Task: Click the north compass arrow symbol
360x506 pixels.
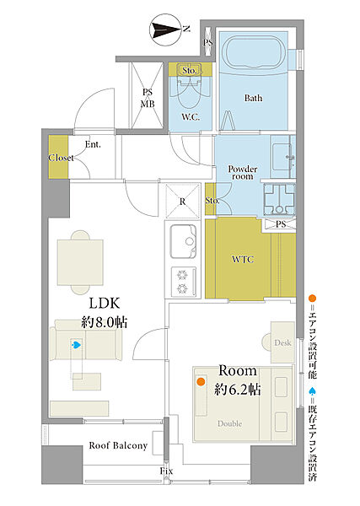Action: [x=167, y=30]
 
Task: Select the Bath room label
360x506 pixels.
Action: [x=253, y=98]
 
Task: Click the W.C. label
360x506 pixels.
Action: [x=191, y=117]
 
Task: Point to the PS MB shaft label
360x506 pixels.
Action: [x=148, y=98]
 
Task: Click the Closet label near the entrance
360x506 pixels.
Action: [x=61, y=158]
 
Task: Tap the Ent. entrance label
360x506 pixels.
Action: [x=93, y=144]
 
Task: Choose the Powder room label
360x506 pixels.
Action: [x=243, y=173]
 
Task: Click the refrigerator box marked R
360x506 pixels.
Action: [x=183, y=201]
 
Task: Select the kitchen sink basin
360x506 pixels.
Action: [x=183, y=241]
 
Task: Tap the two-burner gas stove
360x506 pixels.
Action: [x=183, y=282]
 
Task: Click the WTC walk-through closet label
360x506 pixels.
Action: [x=243, y=259]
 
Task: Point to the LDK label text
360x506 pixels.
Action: [x=105, y=304]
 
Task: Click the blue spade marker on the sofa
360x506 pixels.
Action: [x=76, y=345]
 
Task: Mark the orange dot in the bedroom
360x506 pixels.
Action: [x=201, y=382]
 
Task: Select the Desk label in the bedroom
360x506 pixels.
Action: [x=282, y=342]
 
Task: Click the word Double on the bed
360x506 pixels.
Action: [x=229, y=423]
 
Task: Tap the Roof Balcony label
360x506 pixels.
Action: [x=118, y=445]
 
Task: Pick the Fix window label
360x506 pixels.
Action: [x=166, y=471]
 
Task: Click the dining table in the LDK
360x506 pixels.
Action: [x=80, y=262]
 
